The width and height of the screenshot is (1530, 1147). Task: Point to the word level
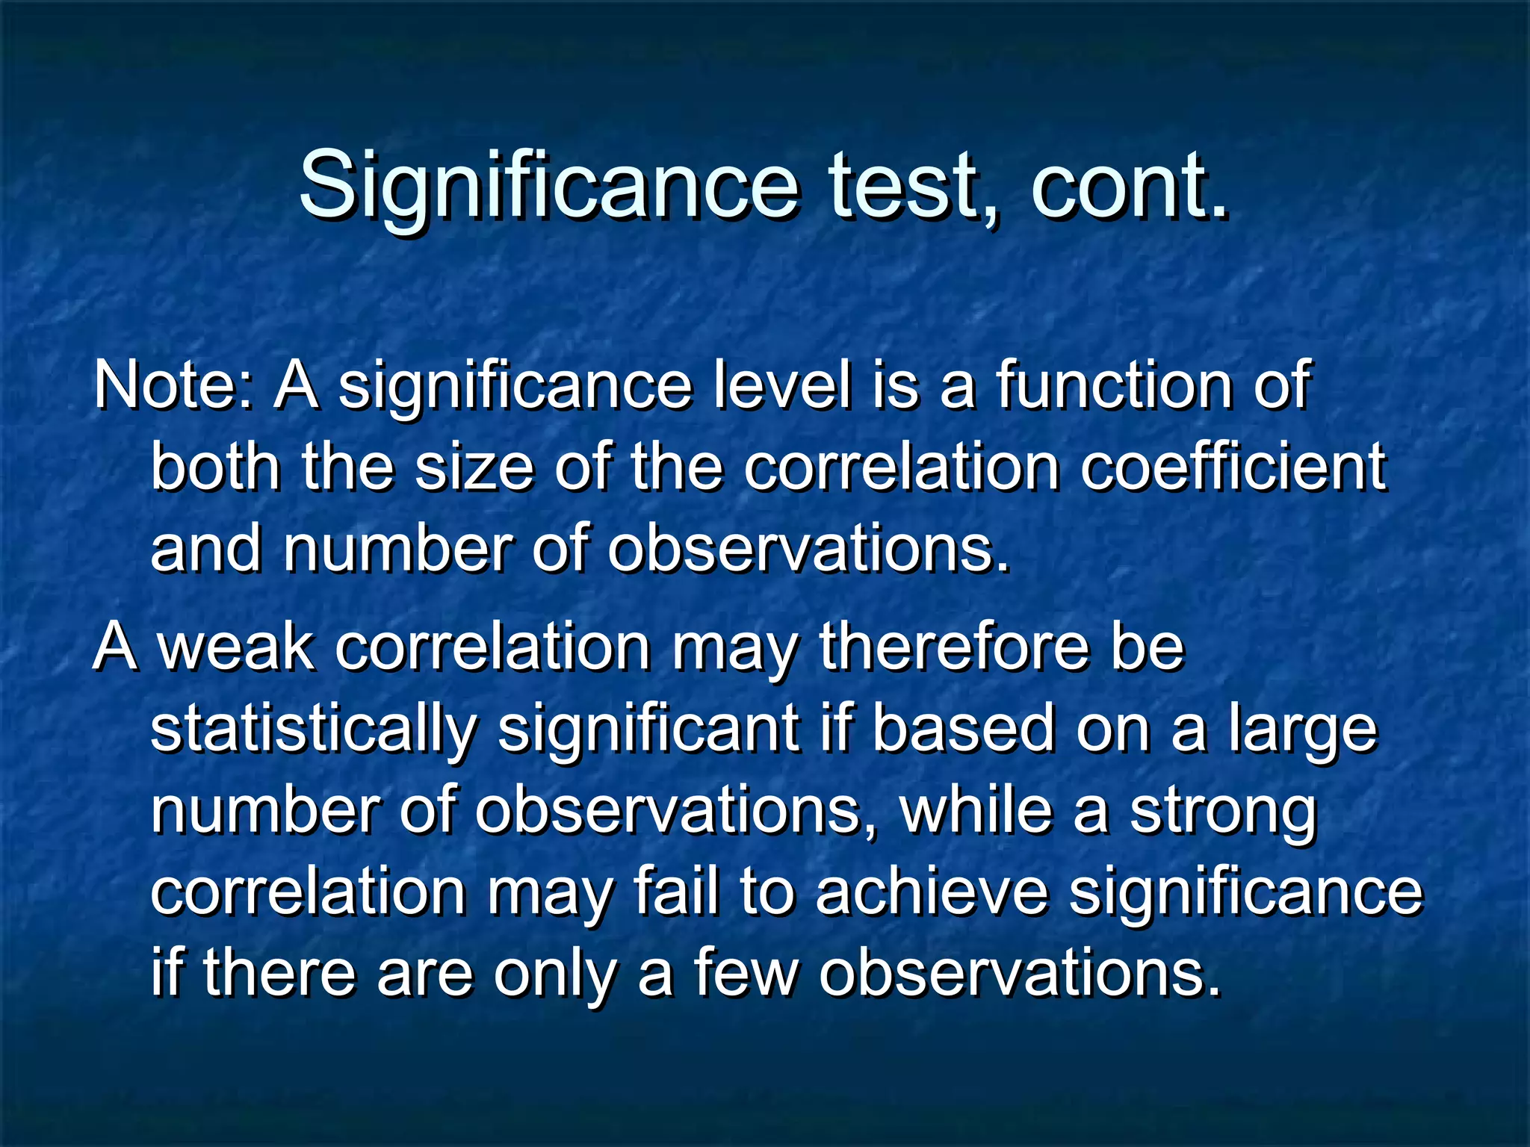[781, 385]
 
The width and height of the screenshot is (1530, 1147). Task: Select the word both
[215, 467]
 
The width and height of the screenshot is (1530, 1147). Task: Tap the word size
[474, 467]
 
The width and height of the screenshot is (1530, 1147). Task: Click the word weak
[236, 647]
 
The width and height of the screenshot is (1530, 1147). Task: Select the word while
[976, 811]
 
